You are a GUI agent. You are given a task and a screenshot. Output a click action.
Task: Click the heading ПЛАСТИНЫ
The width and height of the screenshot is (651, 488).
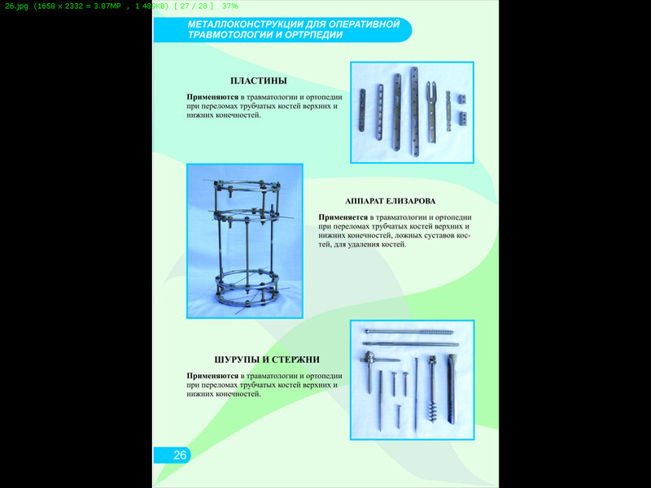[258, 81]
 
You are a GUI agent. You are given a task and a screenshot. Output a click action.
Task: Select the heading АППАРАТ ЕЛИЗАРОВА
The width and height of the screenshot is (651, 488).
[391, 201]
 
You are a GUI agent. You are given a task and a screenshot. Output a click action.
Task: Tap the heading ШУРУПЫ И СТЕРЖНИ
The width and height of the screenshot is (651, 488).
[267, 359]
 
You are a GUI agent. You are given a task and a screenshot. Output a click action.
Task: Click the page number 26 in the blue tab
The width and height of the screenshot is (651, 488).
[180, 455]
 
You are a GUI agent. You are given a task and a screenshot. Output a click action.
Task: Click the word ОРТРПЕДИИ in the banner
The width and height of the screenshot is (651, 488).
[314, 35]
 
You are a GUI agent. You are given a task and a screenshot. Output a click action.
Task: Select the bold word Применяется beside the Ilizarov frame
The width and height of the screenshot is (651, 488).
[343, 217]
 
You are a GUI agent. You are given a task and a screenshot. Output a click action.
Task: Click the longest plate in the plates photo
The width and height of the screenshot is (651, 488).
[415, 111]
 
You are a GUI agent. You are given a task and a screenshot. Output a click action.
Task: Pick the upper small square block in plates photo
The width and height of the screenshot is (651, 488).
[462, 98]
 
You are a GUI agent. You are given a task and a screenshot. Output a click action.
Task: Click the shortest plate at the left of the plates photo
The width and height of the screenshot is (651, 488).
[362, 110]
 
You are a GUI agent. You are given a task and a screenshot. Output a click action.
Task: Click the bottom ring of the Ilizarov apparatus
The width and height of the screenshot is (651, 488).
[247, 295]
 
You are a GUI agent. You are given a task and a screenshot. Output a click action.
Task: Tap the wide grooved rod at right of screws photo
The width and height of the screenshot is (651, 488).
[452, 389]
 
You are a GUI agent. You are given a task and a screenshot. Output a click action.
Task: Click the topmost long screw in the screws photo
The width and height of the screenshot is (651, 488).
[409, 332]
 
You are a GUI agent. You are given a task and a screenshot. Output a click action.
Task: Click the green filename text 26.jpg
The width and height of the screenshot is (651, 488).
[16, 7]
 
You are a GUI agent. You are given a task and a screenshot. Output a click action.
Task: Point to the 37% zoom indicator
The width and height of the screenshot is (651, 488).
[230, 7]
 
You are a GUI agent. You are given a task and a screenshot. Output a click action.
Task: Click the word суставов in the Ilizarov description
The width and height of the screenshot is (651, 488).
[441, 235]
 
